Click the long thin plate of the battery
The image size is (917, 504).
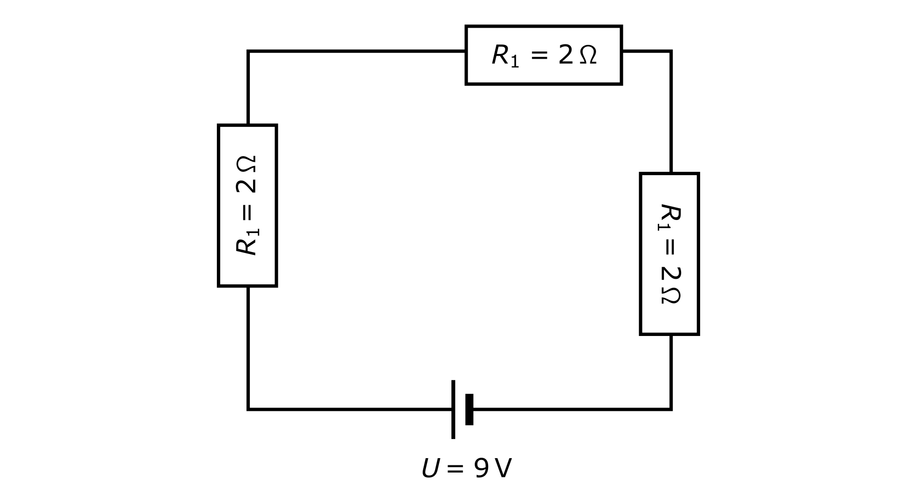tap(453, 409)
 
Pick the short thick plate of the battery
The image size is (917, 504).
tap(469, 409)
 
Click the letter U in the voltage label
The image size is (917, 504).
tap(430, 469)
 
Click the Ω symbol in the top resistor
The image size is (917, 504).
tap(588, 55)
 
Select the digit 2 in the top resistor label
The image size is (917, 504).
tap(565, 55)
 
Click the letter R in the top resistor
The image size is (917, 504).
tap(501, 55)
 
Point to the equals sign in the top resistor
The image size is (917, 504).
tap(539, 55)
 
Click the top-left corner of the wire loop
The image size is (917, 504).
tap(248, 51)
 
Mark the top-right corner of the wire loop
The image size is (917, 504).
tap(671, 51)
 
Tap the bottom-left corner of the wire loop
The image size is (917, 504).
tap(248, 409)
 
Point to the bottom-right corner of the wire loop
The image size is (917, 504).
tap(671, 409)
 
